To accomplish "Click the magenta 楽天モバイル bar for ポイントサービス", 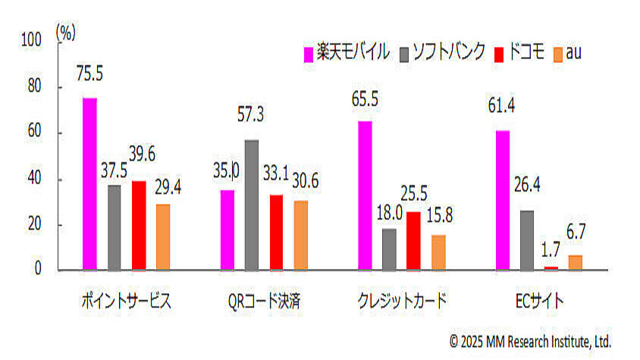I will coord(89,183).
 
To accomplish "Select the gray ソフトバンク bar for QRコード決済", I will coord(252,205).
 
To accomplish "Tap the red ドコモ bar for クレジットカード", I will coord(413,240).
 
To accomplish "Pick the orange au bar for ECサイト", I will coord(576,262).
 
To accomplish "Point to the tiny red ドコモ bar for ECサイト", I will coord(551,268).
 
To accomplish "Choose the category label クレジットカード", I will coord(402,301).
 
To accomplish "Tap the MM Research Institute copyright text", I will coord(530,341).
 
